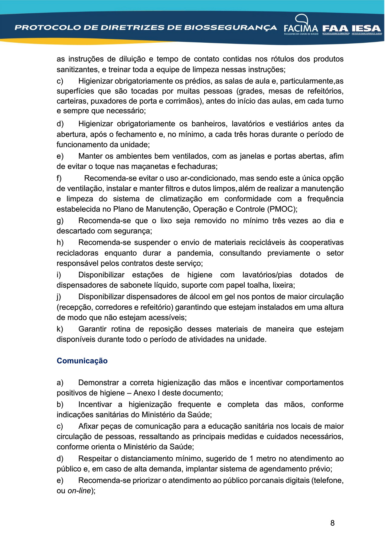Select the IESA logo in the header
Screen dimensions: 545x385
pyautogui.click(x=367, y=29)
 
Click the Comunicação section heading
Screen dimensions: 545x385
pyautogui.click(x=82, y=361)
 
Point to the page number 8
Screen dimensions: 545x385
pyautogui.click(x=332, y=523)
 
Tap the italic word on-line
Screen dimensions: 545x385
pyautogui.click(x=79, y=491)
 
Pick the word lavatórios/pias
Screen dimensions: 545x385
pyautogui.click(x=267, y=275)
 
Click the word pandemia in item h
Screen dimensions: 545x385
pyautogui.click(x=195, y=253)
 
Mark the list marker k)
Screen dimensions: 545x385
pyautogui.click(x=60, y=329)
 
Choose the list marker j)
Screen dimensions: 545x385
pyautogui.click(x=59, y=297)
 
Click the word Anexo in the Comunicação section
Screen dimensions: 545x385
pyautogui.click(x=144, y=393)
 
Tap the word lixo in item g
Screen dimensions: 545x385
pyautogui.click(x=166, y=221)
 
